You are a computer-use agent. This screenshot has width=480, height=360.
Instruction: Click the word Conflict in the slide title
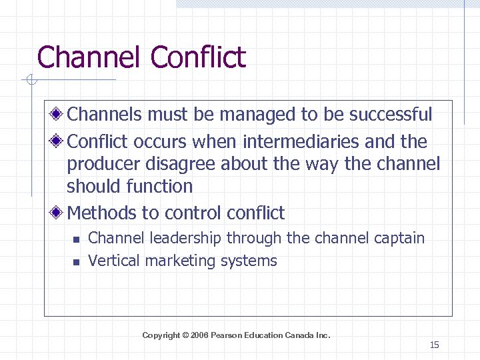click(198, 57)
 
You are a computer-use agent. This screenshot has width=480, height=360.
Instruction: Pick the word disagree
click(186, 164)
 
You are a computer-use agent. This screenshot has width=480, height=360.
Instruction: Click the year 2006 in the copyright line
click(199, 335)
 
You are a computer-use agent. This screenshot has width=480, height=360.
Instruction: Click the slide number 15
click(434, 345)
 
